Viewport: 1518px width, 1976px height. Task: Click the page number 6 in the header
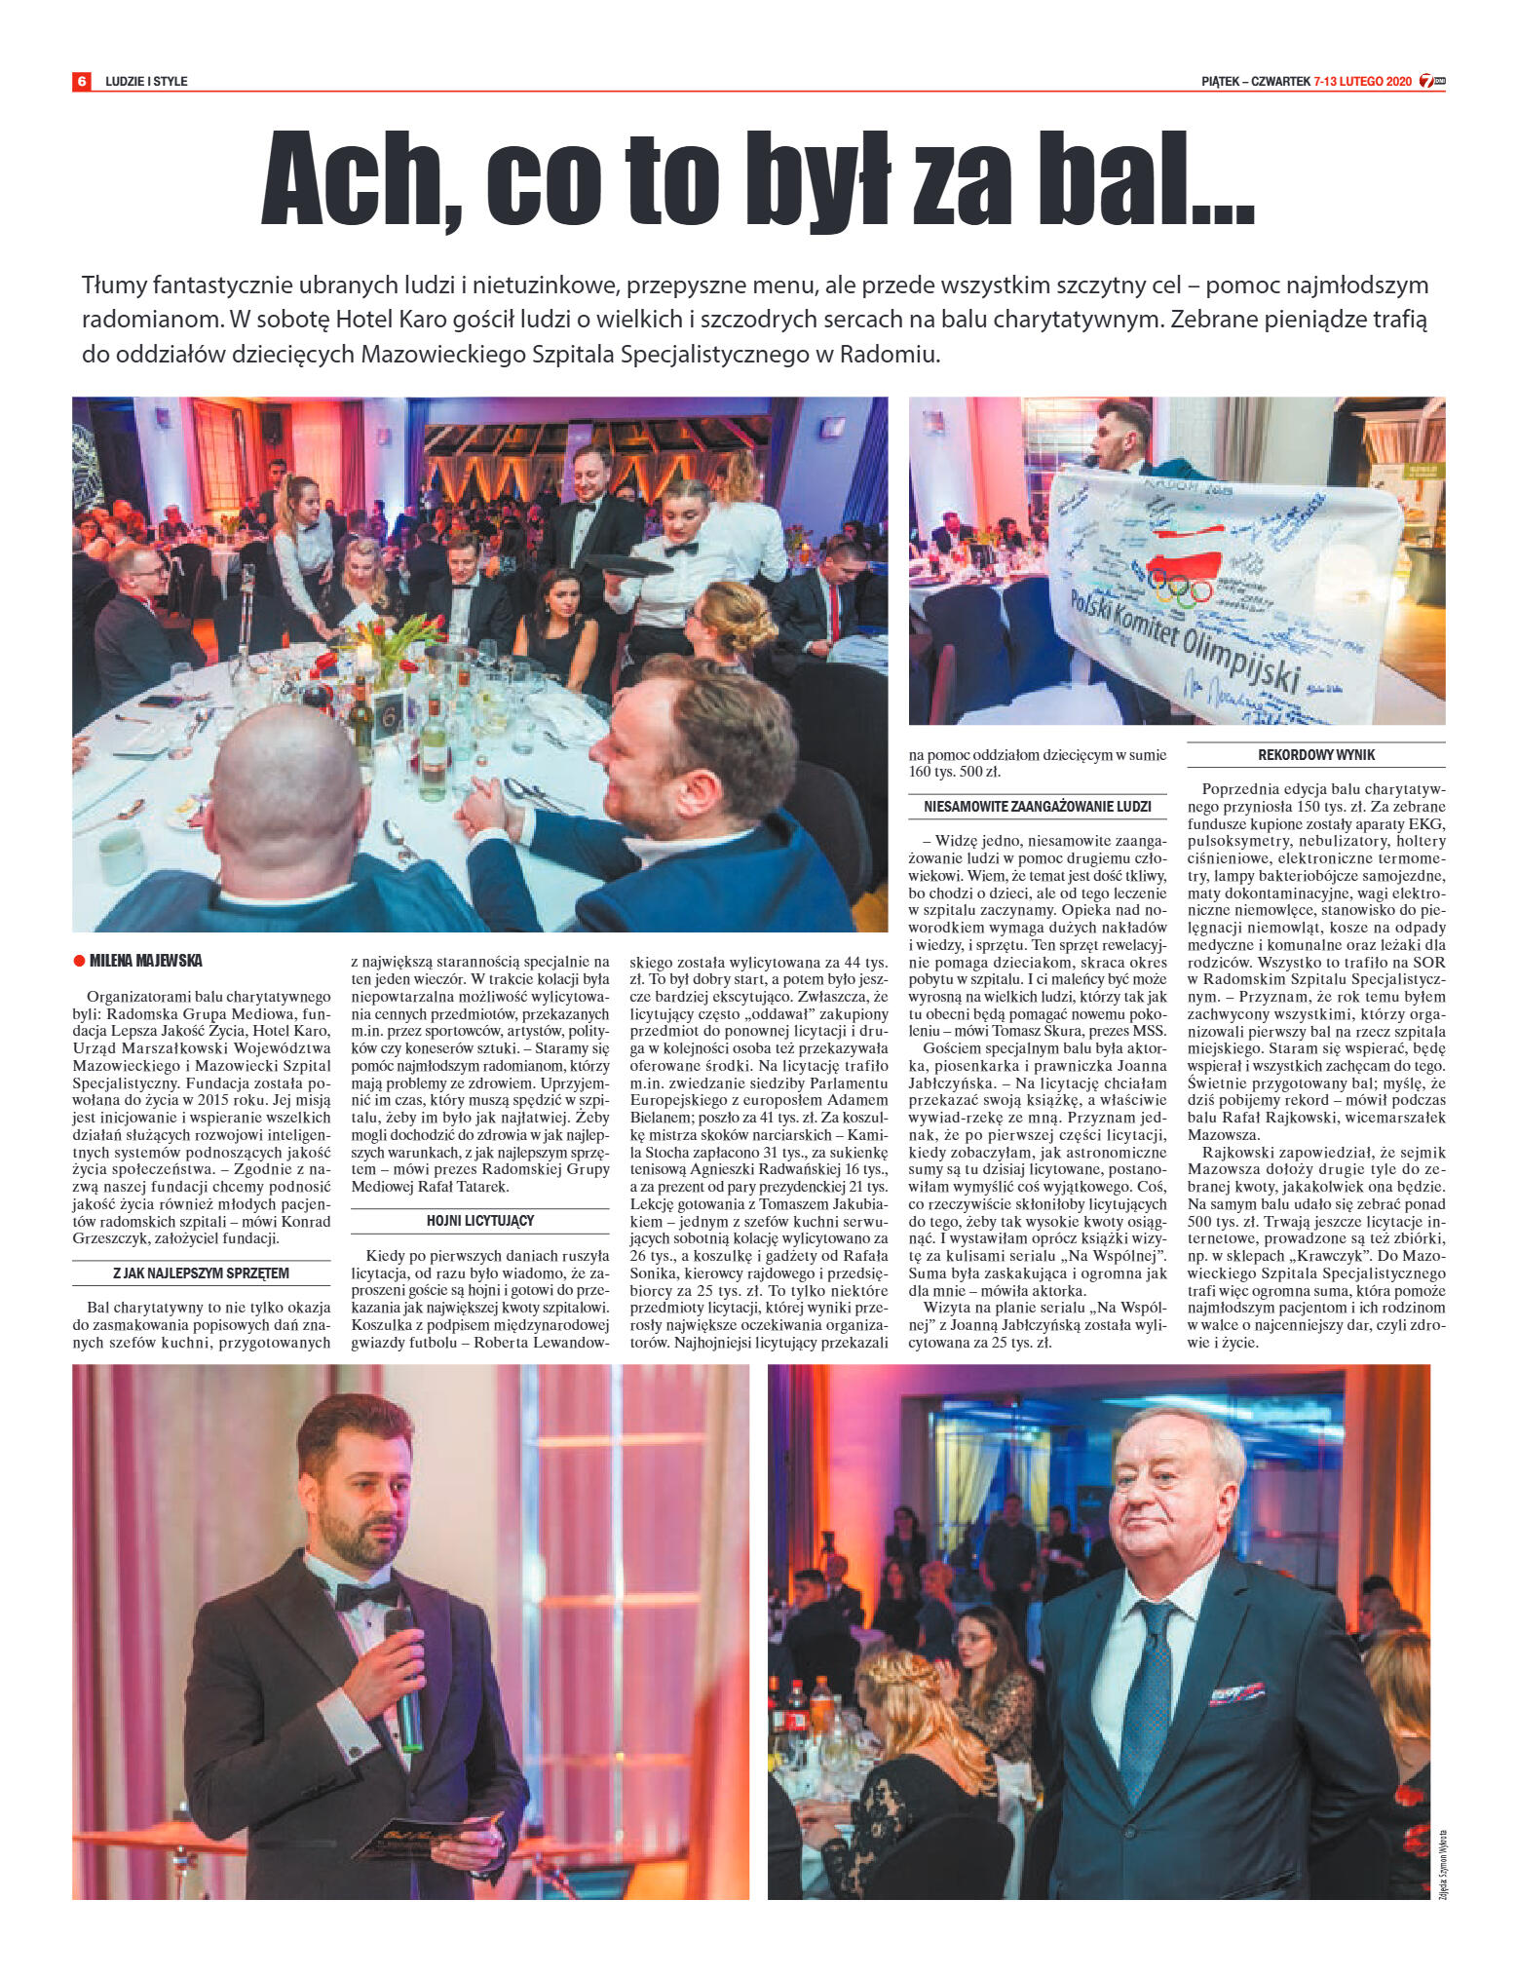pyautogui.click(x=82, y=81)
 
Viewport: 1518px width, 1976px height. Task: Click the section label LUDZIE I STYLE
pyautogui.click(x=146, y=82)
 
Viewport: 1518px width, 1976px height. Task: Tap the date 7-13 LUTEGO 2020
pyautogui.click(x=1361, y=82)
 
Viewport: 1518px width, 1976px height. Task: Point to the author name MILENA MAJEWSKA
pyautogui.click(x=146, y=962)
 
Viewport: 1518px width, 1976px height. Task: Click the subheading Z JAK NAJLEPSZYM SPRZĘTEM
pyautogui.click(x=202, y=1273)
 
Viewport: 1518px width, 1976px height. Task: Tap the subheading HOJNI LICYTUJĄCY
pyautogui.click(x=479, y=1220)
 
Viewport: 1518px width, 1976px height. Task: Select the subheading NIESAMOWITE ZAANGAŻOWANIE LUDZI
pyautogui.click(x=1037, y=807)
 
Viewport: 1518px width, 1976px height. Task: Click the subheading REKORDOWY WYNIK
pyautogui.click(x=1316, y=755)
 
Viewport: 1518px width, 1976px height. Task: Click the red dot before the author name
pyautogui.click(x=80, y=962)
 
